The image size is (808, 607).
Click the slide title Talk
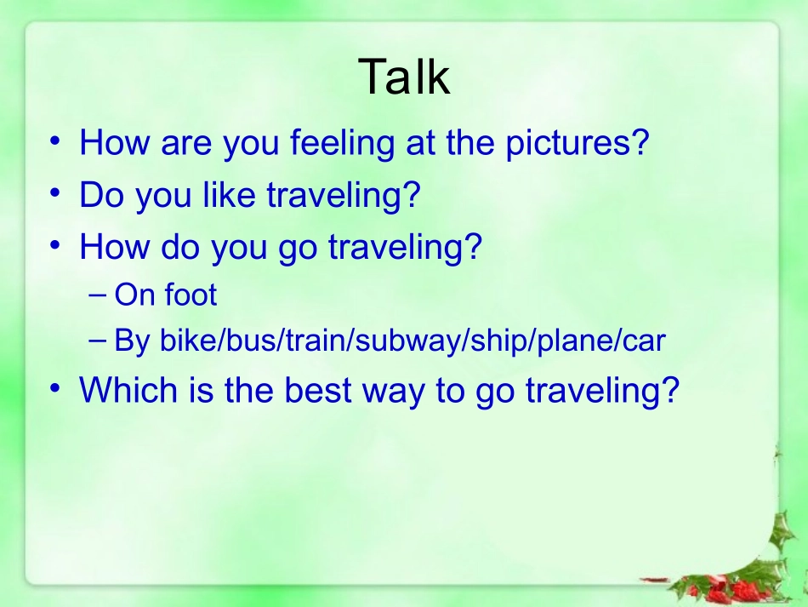tap(404, 77)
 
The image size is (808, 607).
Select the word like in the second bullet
tap(230, 196)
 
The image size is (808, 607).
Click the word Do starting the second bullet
tap(100, 196)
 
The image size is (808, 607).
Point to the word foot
tap(191, 295)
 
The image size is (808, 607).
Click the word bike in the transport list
tap(188, 341)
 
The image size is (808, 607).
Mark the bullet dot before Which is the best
tap(55, 389)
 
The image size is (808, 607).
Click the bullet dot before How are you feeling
tap(55, 141)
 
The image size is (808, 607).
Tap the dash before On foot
tap(97, 295)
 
